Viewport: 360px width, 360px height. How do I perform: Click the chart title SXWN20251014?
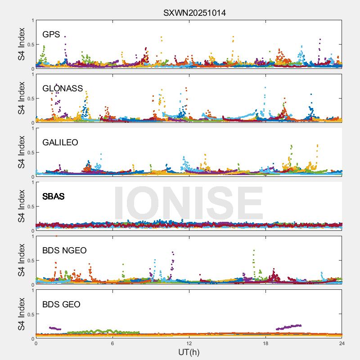tap(194, 13)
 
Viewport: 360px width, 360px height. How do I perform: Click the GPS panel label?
tap(51, 34)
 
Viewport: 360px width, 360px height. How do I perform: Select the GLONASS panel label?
tap(63, 88)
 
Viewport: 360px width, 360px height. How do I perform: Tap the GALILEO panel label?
tap(60, 142)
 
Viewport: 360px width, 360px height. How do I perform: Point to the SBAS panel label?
tap(53, 196)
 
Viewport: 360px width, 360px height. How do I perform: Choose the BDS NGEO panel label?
tap(64, 250)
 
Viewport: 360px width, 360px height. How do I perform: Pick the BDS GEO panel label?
tap(61, 304)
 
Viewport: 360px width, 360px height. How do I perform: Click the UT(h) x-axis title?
tap(189, 351)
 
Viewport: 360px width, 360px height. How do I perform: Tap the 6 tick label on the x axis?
tap(112, 343)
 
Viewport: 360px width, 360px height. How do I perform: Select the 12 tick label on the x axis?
tap(189, 343)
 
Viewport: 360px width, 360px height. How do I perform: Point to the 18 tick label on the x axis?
tap(265, 343)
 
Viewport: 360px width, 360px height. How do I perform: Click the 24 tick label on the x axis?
tap(342, 343)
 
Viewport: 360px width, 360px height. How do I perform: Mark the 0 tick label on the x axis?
tap(36, 343)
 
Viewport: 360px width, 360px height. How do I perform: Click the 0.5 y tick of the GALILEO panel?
tap(30, 153)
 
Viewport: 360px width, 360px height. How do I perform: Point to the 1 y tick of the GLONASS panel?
tap(32, 75)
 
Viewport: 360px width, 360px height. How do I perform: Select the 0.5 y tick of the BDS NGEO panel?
tap(30, 261)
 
